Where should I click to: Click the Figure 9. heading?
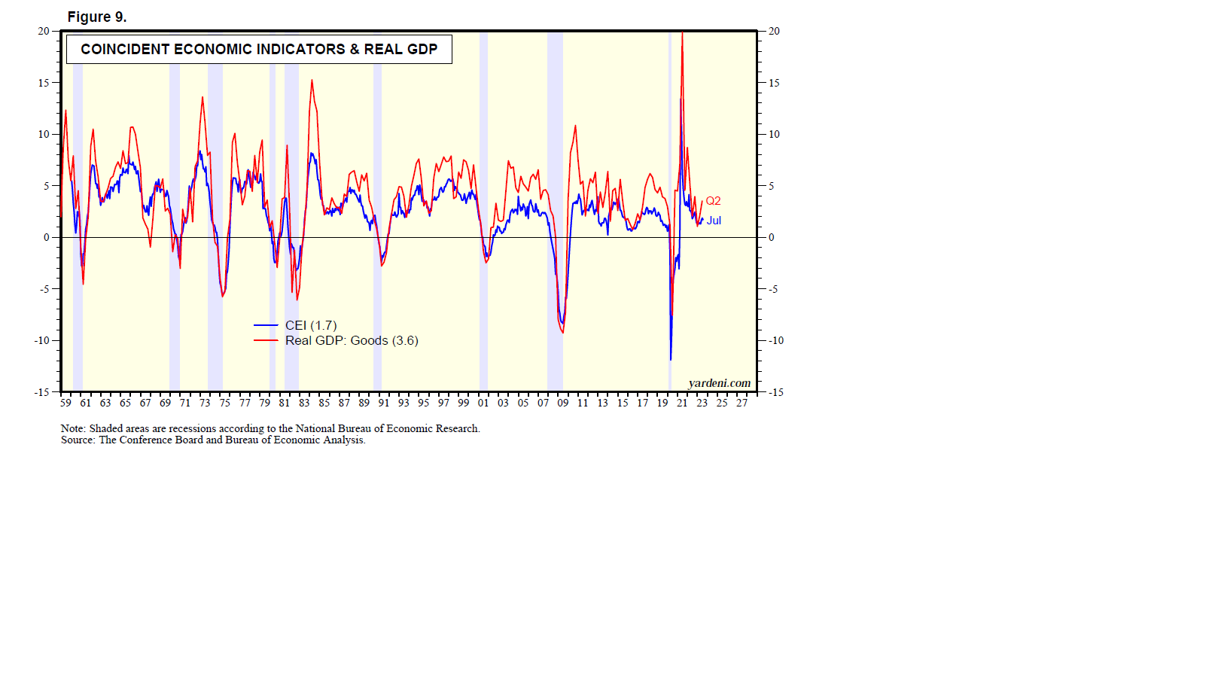(97, 17)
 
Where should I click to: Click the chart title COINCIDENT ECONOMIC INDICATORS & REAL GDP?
(259, 50)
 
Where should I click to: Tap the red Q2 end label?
(713, 201)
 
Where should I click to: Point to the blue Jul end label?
(714, 221)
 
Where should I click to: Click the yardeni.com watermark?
(719, 383)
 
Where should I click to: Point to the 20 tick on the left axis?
(44, 31)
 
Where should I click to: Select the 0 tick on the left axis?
(47, 237)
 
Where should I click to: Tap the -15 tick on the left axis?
(41, 392)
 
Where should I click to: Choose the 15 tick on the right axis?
(774, 83)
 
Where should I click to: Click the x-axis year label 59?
(65, 403)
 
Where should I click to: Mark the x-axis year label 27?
(742, 403)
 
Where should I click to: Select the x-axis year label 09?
(563, 403)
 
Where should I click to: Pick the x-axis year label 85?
(324, 403)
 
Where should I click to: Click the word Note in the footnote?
(72, 428)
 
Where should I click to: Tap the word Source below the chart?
(78, 440)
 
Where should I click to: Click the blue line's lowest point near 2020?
(671, 359)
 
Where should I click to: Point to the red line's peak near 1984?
(312, 81)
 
